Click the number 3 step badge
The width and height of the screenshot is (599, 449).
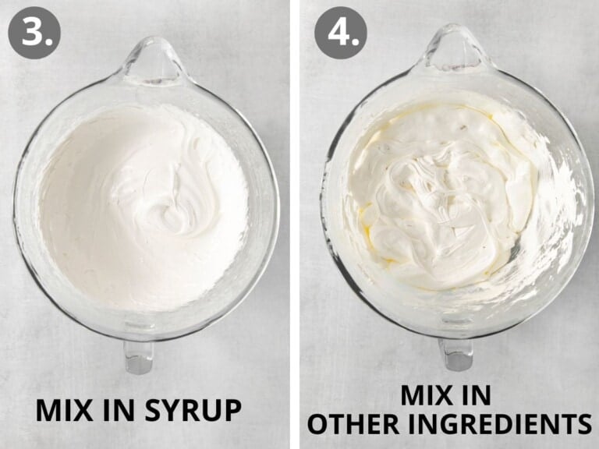pos(34,33)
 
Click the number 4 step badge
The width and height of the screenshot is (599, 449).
pos(341,33)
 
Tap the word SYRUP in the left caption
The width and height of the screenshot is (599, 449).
pos(193,411)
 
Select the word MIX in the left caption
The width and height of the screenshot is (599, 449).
pos(64,411)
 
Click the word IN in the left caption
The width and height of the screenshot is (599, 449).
pos(119,411)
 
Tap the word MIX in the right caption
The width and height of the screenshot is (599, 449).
pos(429,395)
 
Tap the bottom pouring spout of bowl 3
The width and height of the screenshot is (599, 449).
pos(139,357)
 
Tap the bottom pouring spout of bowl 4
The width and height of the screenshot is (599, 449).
pos(456,354)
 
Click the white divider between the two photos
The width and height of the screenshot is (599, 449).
pos(295,224)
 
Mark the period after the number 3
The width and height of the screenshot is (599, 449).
pos(49,41)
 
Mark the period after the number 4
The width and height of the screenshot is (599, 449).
pos(356,41)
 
